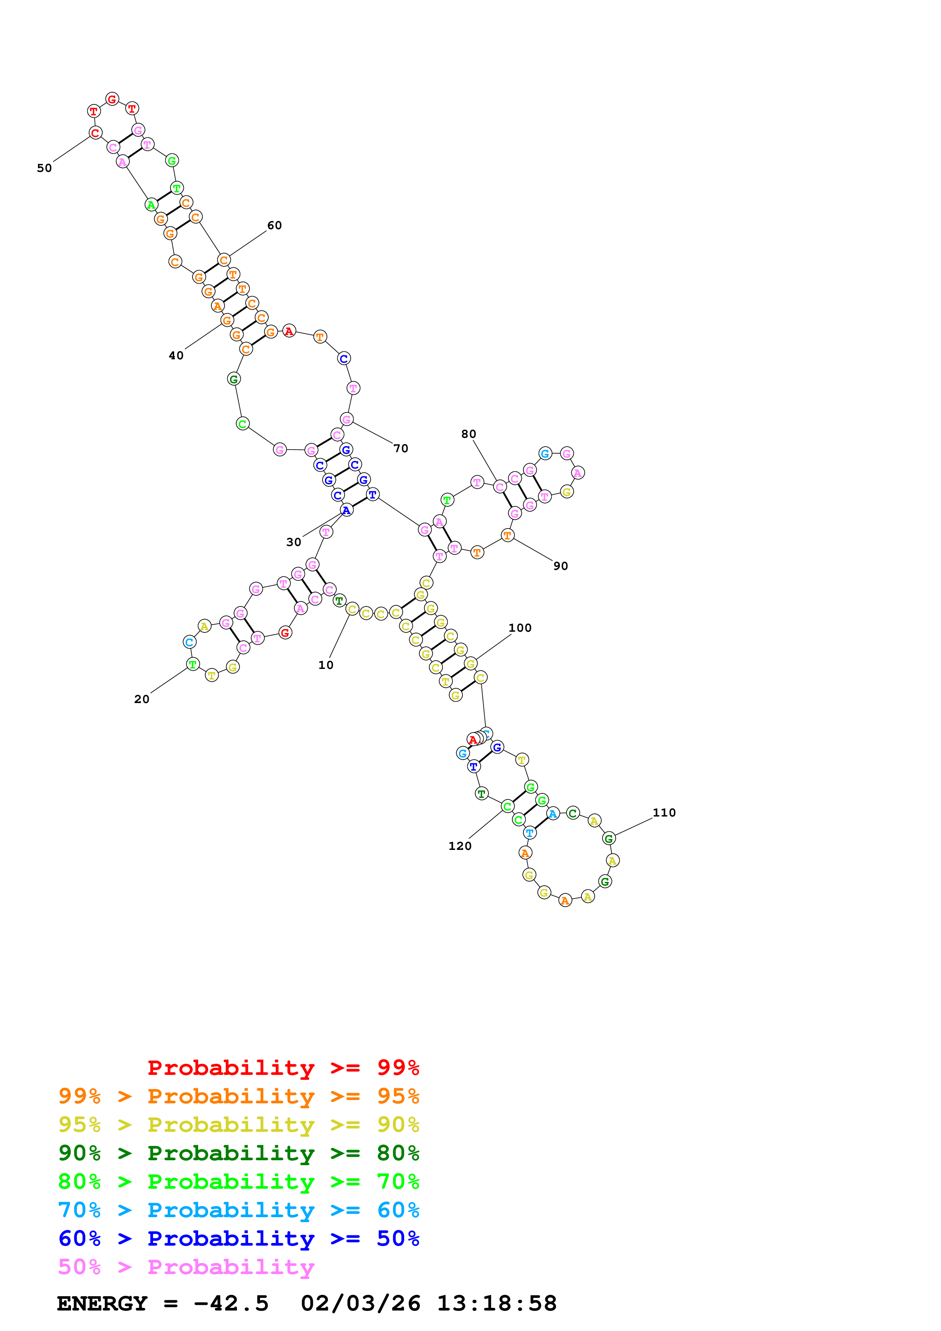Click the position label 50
(44, 168)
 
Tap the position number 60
(274, 225)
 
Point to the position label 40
(176, 356)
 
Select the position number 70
(400, 448)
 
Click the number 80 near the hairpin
(468, 434)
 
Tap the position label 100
(520, 628)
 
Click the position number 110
(664, 813)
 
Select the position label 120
(460, 846)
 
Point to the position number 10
(326, 665)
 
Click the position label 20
(142, 699)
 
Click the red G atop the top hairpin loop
(112, 99)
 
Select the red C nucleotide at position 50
(95, 133)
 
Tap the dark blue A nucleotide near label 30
(346, 510)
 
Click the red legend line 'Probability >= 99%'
(283, 1067)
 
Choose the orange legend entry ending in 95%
(238, 1096)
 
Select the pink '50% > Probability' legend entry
(186, 1266)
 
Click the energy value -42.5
(231, 1303)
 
